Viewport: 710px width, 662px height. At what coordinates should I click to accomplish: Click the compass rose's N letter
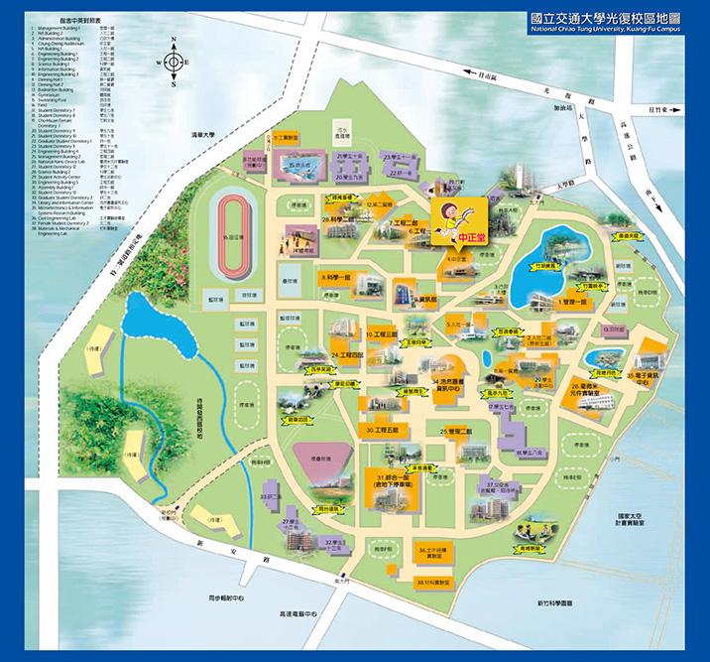pyautogui.click(x=173, y=41)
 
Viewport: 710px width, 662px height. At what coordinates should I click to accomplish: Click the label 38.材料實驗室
pyautogui.click(x=434, y=582)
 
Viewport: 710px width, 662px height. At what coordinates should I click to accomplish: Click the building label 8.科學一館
pyautogui.click(x=338, y=279)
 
